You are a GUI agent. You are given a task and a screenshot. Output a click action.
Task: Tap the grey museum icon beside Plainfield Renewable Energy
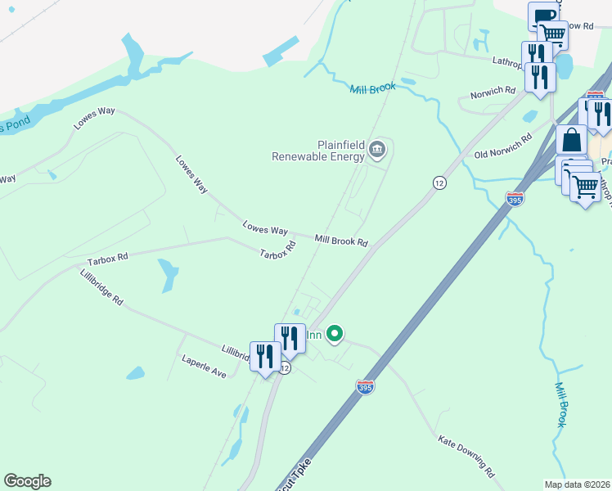(377, 148)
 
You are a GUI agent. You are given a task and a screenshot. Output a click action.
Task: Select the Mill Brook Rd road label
(341, 241)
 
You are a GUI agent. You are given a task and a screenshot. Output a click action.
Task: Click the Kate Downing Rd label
(466, 457)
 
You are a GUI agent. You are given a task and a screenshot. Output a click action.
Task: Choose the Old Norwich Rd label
(503, 145)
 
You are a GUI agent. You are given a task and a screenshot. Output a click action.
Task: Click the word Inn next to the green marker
(313, 335)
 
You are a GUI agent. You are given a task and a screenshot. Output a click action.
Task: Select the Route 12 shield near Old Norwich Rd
(439, 182)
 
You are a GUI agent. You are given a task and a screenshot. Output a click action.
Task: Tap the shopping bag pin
(572, 141)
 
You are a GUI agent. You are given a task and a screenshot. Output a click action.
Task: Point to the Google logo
(27, 481)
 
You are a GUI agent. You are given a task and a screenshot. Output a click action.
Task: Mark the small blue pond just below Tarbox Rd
(169, 274)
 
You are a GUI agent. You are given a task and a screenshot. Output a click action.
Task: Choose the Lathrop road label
(511, 61)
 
